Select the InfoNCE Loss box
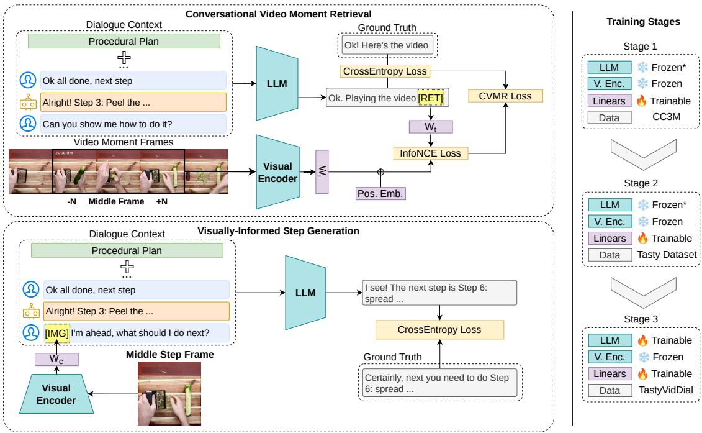pos(431,152)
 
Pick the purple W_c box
pos(56,358)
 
